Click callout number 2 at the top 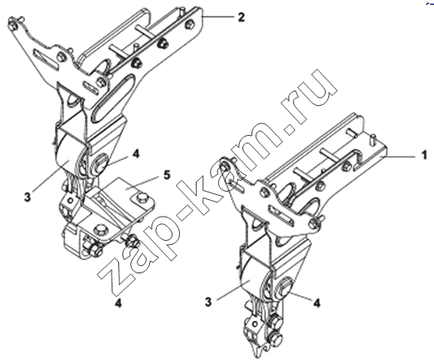tap(242, 17)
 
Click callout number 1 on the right tap(424, 155)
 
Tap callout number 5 tap(167, 175)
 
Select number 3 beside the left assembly tap(27, 197)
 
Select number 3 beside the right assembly tap(208, 302)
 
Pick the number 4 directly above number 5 tap(136, 153)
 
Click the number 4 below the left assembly tap(118, 303)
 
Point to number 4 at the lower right tap(317, 302)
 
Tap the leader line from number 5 tap(143, 182)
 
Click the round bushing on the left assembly tap(100, 164)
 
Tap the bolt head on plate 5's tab tap(142, 197)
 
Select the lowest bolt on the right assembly tap(275, 338)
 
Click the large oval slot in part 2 tap(113, 97)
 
